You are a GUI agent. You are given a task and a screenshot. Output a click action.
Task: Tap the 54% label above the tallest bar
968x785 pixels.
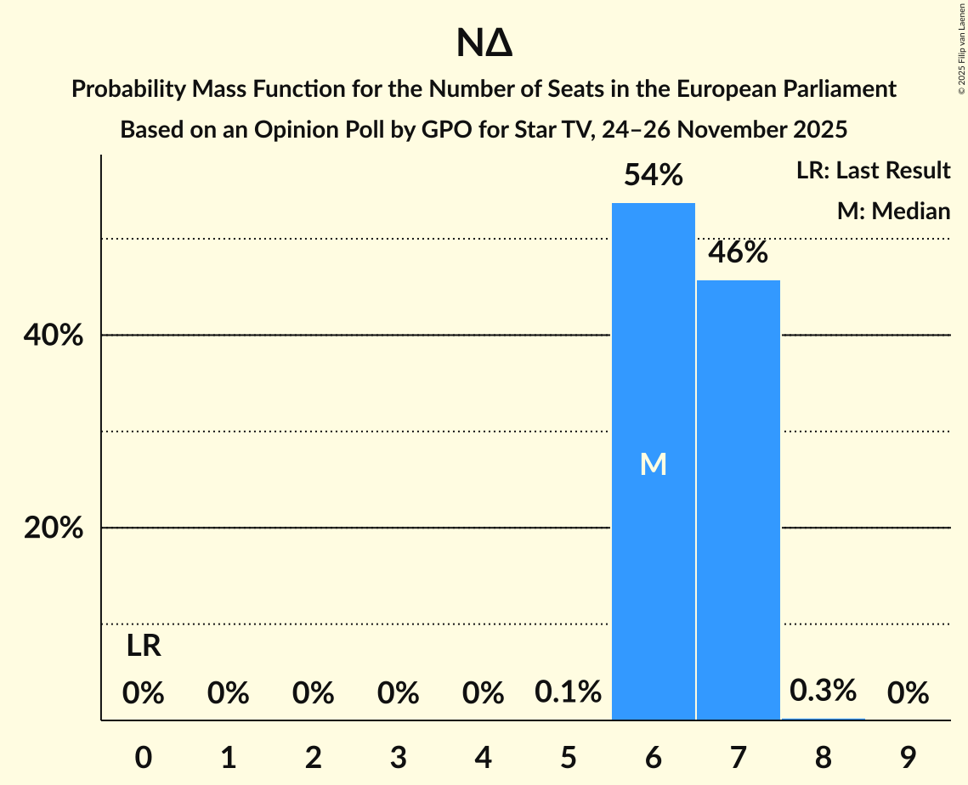(653, 176)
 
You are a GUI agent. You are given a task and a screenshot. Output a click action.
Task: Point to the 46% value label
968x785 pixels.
(738, 252)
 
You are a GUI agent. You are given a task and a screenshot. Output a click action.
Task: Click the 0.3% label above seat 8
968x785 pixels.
(823, 691)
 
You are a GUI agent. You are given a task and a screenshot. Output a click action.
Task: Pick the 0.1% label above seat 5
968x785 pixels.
(568, 692)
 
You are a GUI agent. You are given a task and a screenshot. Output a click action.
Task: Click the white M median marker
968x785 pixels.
(653, 464)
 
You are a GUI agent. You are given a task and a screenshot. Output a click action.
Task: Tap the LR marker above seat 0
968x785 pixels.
(144, 647)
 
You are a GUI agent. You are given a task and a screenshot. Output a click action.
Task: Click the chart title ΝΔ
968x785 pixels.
(484, 44)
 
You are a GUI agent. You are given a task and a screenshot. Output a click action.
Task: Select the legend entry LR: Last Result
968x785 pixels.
(873, 171)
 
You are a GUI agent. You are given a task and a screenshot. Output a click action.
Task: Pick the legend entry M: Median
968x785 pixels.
(893, 211)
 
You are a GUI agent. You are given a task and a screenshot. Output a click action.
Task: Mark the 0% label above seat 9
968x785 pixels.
(908, 693)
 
